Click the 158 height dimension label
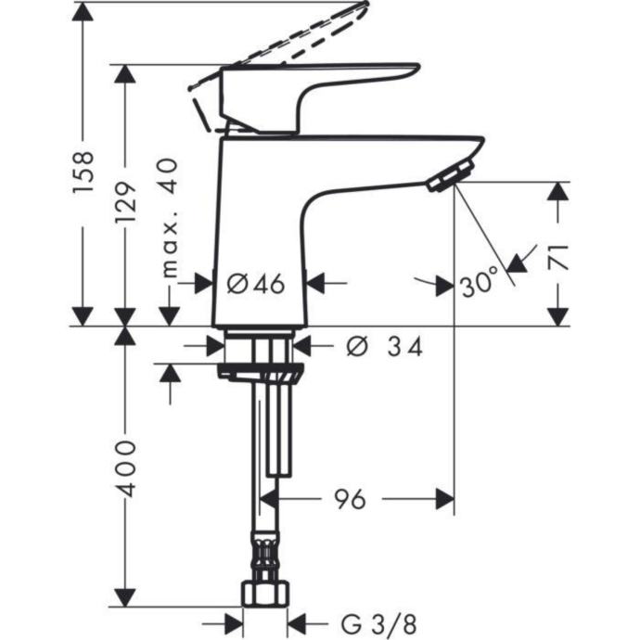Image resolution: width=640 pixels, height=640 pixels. click(83, 172)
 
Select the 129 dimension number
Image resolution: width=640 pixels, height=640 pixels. click(125, 202)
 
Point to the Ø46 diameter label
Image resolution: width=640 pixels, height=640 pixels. click(255, 284)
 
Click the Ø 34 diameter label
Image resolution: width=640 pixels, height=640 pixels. click(385, 347)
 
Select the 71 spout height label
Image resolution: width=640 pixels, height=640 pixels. click(558, 257)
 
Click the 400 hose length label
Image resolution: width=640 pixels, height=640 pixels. click(125, 468)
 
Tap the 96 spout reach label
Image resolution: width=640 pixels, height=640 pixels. click(351, 499)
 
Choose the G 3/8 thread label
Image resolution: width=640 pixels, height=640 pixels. click(378, 624)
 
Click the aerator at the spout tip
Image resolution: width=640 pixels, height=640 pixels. click(450, 176)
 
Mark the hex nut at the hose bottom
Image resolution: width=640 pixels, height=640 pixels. click(265, 594)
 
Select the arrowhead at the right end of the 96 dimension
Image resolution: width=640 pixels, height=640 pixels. click(445, 499)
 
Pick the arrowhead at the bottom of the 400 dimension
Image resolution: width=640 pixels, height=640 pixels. click(125, 597)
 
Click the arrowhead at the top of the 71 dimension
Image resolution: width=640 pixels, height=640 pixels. click(558, 191)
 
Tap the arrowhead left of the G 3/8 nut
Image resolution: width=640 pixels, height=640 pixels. click(234, 624)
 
